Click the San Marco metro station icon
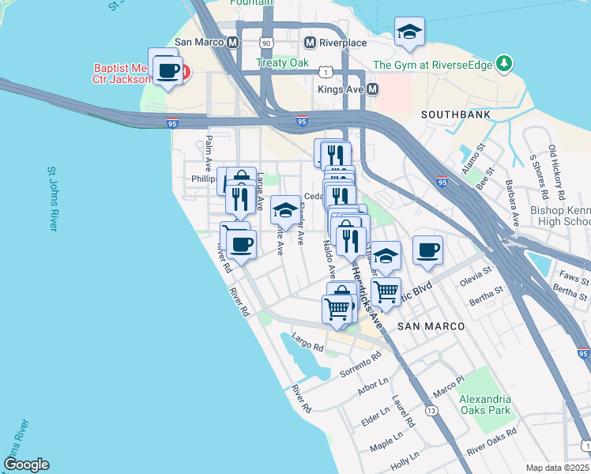point(232,43)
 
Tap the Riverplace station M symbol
point(310,42)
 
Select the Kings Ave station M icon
point(371,90)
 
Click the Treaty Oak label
point(278,62)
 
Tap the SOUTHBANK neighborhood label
point(456,115)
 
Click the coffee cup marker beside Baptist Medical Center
point(168,72)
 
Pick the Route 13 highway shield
point(431,411)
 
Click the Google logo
point(26,465)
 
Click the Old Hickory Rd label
point(558,171)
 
